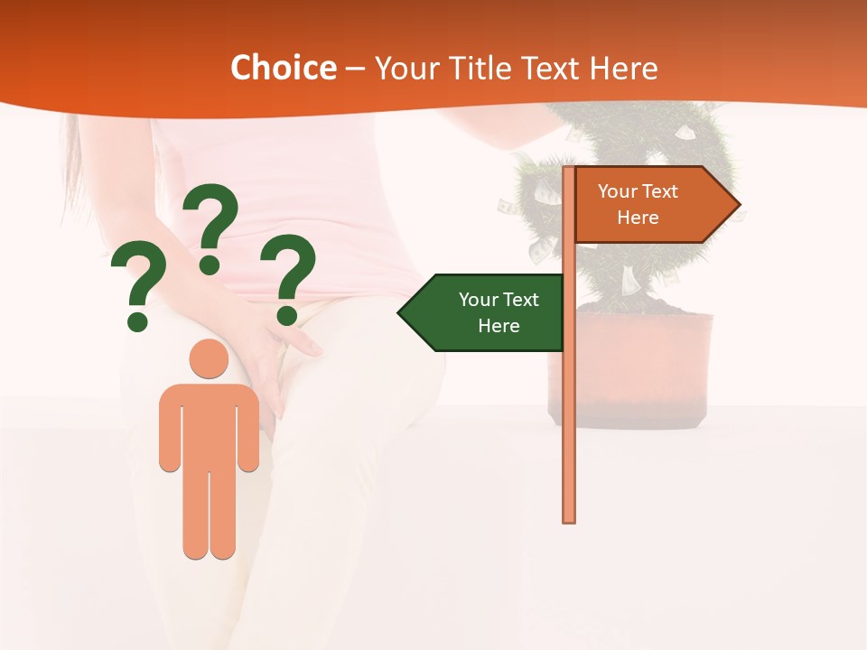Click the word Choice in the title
283,69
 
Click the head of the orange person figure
209,358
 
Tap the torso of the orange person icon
209,424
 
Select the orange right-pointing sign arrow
650,204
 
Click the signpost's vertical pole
569,406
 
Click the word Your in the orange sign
618,191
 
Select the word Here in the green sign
499,326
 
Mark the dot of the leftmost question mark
137,320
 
